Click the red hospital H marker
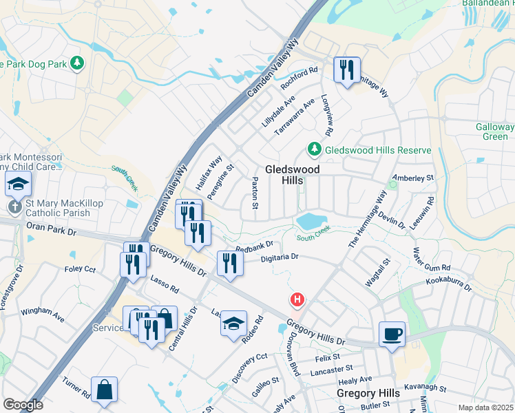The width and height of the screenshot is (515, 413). click(297, 300)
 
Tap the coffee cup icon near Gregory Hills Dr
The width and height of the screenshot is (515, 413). click(392, 335)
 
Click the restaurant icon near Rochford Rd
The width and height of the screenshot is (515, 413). click(346, 70)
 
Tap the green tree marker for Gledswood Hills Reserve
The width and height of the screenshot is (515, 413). click(314, 149)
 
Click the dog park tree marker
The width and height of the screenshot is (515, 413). click(77, 64)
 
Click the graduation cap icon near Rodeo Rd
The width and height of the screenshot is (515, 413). click(233, 323)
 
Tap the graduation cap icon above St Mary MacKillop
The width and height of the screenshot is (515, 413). click(17, 184)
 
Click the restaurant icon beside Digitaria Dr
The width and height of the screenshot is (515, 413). click(230, 263)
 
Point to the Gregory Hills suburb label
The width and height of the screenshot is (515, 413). click(368, 393)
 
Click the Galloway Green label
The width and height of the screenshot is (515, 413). click(494, 131)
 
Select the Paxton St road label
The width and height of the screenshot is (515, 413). click(255, 193)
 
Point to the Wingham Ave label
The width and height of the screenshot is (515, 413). click(42, 315)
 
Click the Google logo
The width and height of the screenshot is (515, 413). click(23, 405)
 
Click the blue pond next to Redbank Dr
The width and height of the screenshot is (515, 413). click(311, 221)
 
